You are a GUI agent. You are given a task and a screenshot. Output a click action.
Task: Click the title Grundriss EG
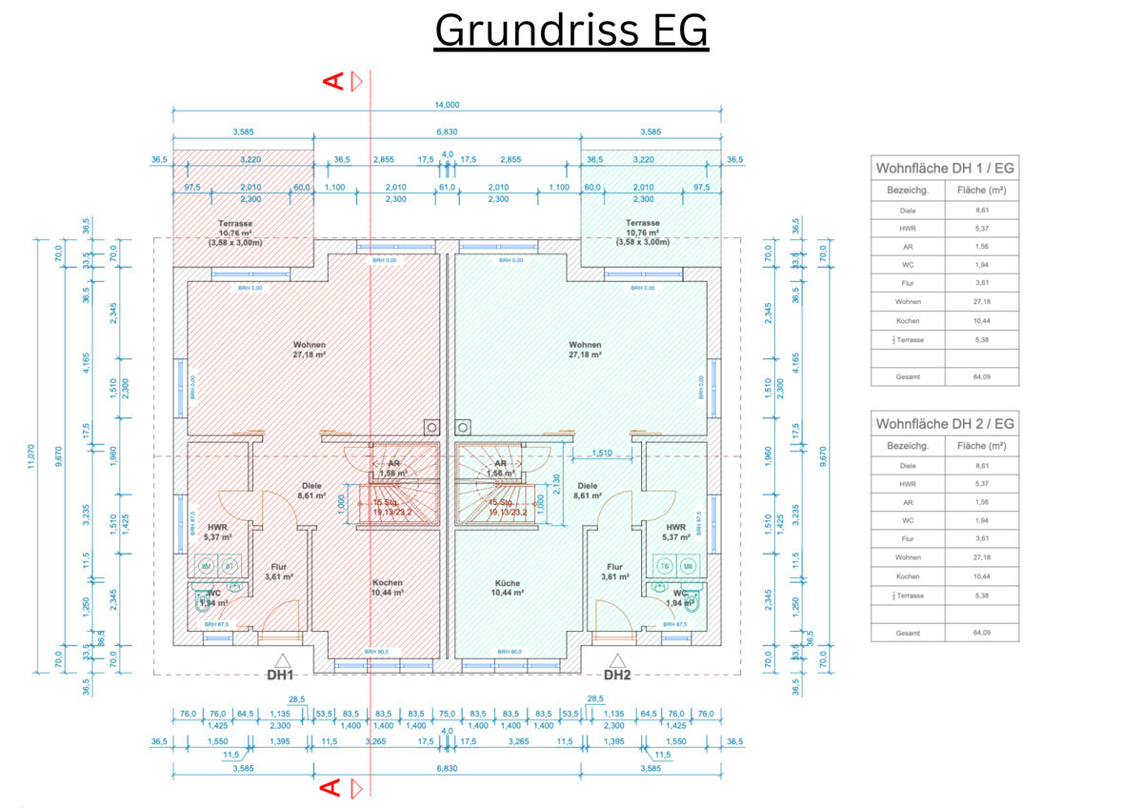tap(571, 30)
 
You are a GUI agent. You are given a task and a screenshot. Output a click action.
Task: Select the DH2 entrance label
tap(617, 676)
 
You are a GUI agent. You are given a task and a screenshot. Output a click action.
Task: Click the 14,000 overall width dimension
tap(447, 105)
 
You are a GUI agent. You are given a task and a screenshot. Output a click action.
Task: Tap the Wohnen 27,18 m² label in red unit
tap(311, 349)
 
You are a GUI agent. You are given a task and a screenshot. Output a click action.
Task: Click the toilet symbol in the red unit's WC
tap(202, 600)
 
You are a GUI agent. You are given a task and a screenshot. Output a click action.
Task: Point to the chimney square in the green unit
tap(464, 426)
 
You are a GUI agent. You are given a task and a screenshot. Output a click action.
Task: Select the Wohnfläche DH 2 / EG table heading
tap(944, 423)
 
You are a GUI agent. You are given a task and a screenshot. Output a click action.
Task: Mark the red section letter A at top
tap(333, 81)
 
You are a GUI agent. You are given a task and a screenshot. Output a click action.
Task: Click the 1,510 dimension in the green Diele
tap(602, 454)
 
